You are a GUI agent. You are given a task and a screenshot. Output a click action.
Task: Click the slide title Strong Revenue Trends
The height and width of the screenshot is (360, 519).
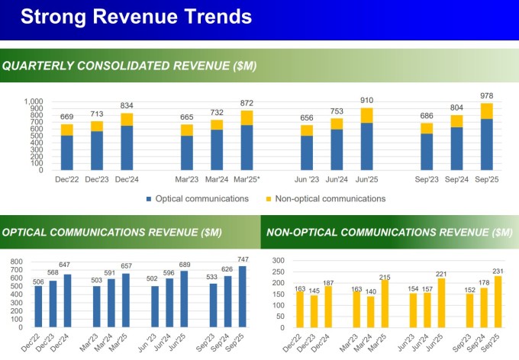[x=135, y=18]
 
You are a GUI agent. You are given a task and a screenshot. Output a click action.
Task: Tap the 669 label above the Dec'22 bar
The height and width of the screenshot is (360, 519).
[x=67, y=117]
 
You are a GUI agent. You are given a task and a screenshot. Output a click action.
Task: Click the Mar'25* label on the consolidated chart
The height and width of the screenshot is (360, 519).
[x=247, y=179]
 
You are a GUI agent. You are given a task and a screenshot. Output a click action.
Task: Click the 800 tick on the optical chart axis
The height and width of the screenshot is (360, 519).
[x=18, y=261]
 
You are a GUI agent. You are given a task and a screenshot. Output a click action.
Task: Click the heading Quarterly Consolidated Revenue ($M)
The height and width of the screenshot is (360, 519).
[x=130, y=66]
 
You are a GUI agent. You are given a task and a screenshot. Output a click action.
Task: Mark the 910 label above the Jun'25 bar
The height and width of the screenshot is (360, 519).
[x=366, y=100]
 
